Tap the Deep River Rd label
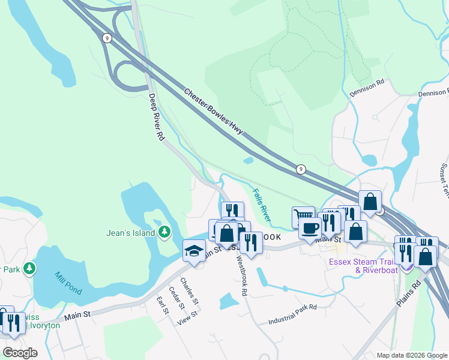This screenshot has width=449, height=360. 157,117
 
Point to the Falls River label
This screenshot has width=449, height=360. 262,205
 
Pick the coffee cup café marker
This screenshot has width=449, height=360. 310,229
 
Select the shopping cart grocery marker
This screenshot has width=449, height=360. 303,217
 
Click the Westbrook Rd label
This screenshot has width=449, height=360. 242,277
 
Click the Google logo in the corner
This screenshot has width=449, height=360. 20,352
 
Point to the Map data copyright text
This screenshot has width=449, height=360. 412,355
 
